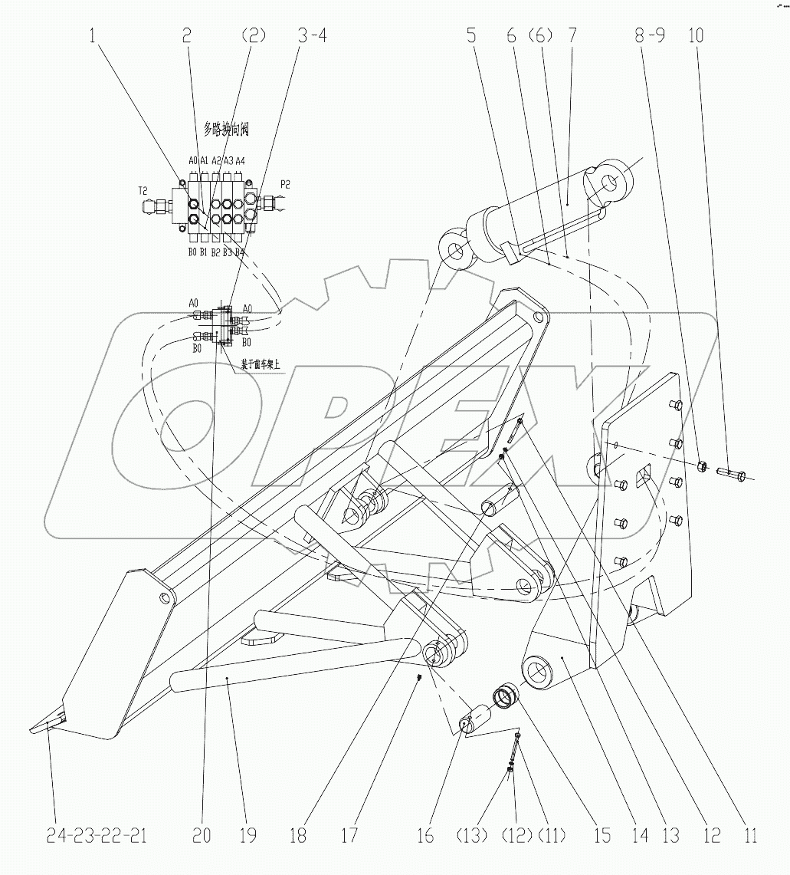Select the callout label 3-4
311,36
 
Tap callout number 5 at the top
471,36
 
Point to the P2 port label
285,184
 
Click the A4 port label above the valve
240,160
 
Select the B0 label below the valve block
193,252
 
